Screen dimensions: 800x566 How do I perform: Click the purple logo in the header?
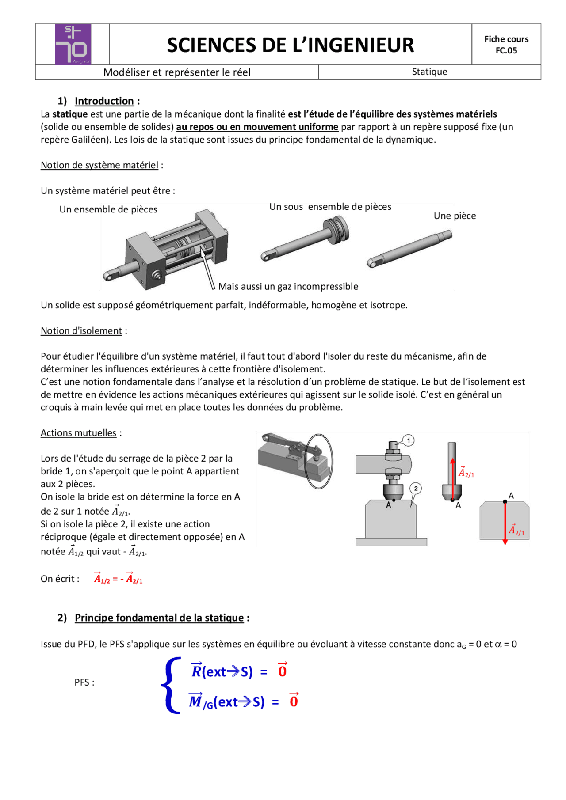tap(73, 44)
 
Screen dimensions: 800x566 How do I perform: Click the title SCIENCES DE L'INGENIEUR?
tap(290, 45)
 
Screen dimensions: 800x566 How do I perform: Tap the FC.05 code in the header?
tap(506, 51)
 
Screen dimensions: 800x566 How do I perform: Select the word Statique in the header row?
tap(429, 72)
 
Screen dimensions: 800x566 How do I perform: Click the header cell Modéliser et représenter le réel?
tap(177, 72)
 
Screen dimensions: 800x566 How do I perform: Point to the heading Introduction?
tap(104, 101)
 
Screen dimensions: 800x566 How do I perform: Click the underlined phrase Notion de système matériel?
tap(99, 165)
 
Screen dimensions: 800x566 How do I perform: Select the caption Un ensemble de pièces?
tap(108, 209)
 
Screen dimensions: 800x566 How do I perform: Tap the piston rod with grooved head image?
tap(305, 239)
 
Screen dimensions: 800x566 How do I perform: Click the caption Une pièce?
tap(455, 216)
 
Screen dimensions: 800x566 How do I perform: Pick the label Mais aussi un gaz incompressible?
tap(288, 287)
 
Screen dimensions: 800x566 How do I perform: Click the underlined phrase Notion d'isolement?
tap(81, 331)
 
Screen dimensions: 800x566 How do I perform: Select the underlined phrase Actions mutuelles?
tap(79, 433)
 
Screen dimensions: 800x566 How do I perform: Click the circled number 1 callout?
tap(409, 440)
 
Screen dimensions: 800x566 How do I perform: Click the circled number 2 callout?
tap(416, 489)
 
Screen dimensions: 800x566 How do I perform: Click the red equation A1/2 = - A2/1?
tap(118, 579)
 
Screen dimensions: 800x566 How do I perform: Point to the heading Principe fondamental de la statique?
tap(159, 618)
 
